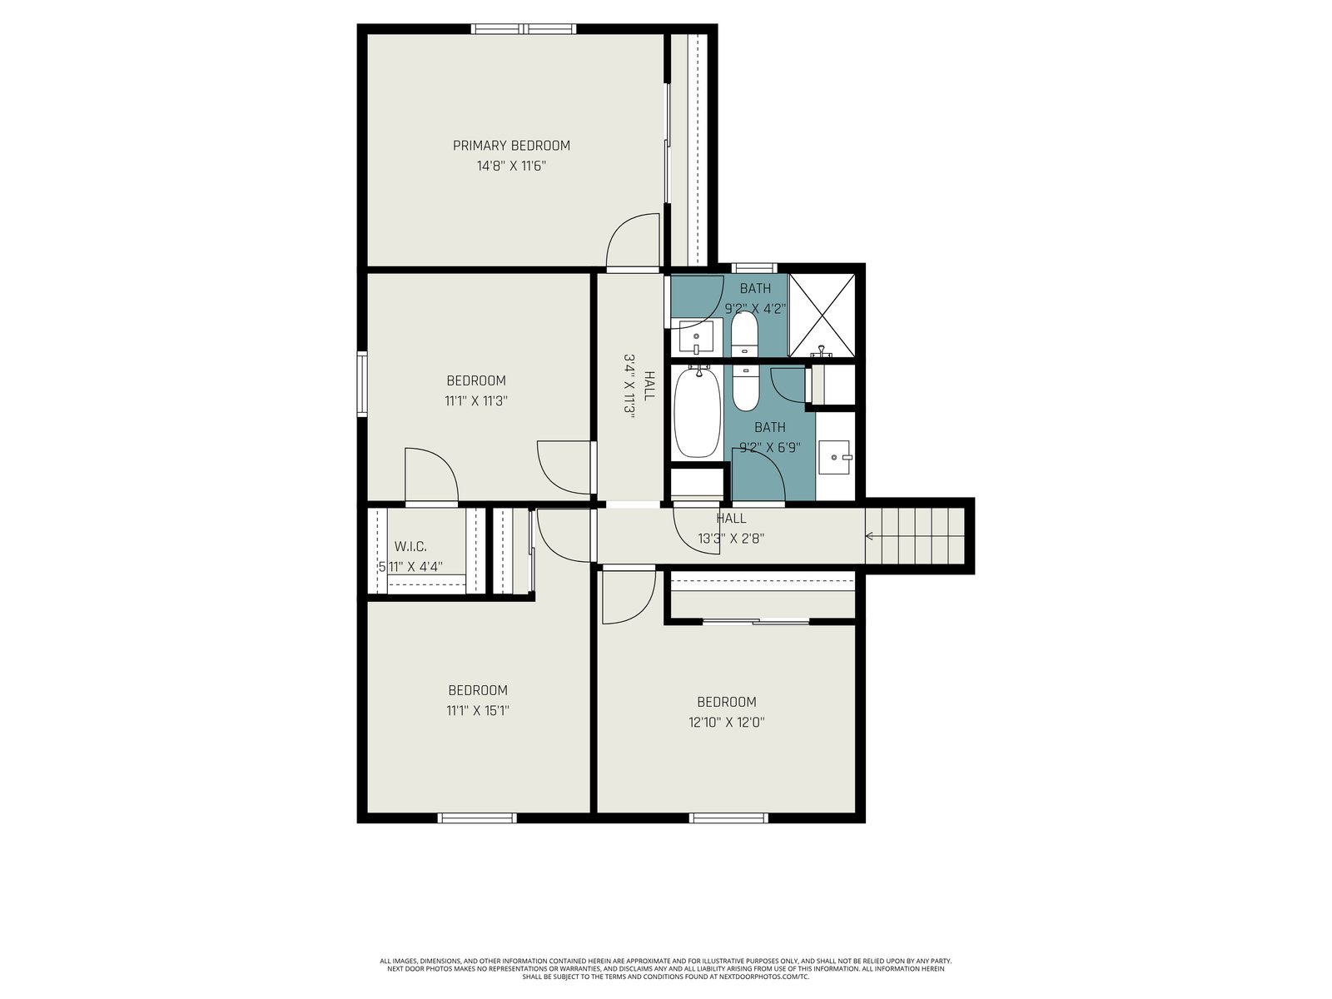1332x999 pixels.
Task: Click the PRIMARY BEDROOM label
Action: click(511, 146)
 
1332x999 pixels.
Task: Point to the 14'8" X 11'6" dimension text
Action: click(511, 166)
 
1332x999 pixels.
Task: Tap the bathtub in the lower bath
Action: click(698, 412)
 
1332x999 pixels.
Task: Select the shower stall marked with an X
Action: click(822, 315)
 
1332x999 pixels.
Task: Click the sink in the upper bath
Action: click(696, 338)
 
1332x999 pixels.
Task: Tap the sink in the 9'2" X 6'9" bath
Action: click(836, 457)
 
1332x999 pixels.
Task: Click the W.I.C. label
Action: click(410, 546)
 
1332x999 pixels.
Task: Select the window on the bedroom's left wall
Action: click(362, 384)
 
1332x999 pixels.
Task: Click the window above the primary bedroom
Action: click(524, 28)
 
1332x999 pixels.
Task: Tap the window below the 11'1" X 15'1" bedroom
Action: click(477, 818)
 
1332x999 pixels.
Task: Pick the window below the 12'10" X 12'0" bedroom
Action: click(728, 818)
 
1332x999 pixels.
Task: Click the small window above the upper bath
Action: click(753, 268)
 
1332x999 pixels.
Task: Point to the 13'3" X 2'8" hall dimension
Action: click(731, 538)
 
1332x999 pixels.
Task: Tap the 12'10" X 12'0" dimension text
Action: click(727, 723)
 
